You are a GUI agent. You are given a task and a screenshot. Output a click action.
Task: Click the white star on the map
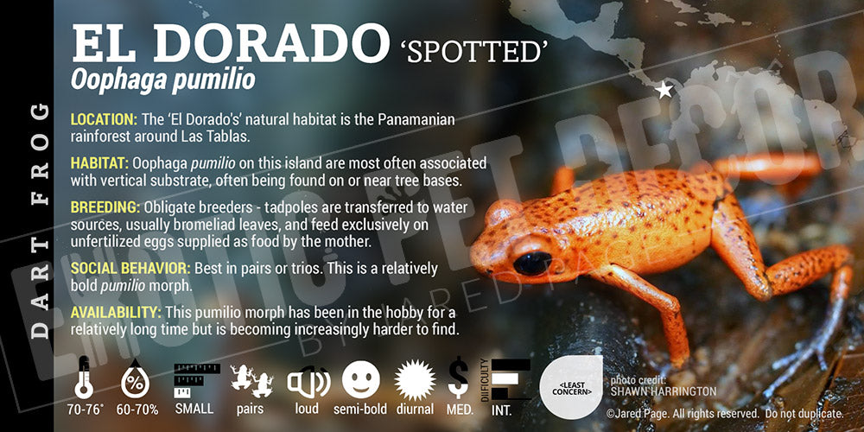[x=664, y=89]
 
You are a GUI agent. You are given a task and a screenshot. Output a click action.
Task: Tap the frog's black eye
[x=532, y=263]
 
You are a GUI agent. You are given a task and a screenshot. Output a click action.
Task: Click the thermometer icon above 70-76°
[x=84, y=378]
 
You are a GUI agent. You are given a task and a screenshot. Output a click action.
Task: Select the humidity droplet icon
[x=135, y=378]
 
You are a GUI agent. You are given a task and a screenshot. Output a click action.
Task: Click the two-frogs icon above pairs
[x=251, y=381]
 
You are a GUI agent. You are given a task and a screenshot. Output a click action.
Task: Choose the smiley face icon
[x=361, y=379]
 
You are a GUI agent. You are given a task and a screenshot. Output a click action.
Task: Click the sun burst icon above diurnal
[x=415, y=380]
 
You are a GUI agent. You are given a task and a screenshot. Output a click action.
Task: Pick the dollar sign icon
[x=459, y=378]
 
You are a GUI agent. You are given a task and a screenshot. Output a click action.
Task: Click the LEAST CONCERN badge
[x=571, y=387]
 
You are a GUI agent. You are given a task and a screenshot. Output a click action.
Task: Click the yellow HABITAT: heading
[x=99, y=163]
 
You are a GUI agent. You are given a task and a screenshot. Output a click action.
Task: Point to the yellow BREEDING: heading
[x=105, y=207]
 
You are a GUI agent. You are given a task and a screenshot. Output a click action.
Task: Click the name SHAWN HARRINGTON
[x=664, y=391]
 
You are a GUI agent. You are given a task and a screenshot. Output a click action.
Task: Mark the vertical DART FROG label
[x=40, y=220]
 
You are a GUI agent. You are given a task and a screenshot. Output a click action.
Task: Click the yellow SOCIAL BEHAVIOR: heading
[x=130, y=269]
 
